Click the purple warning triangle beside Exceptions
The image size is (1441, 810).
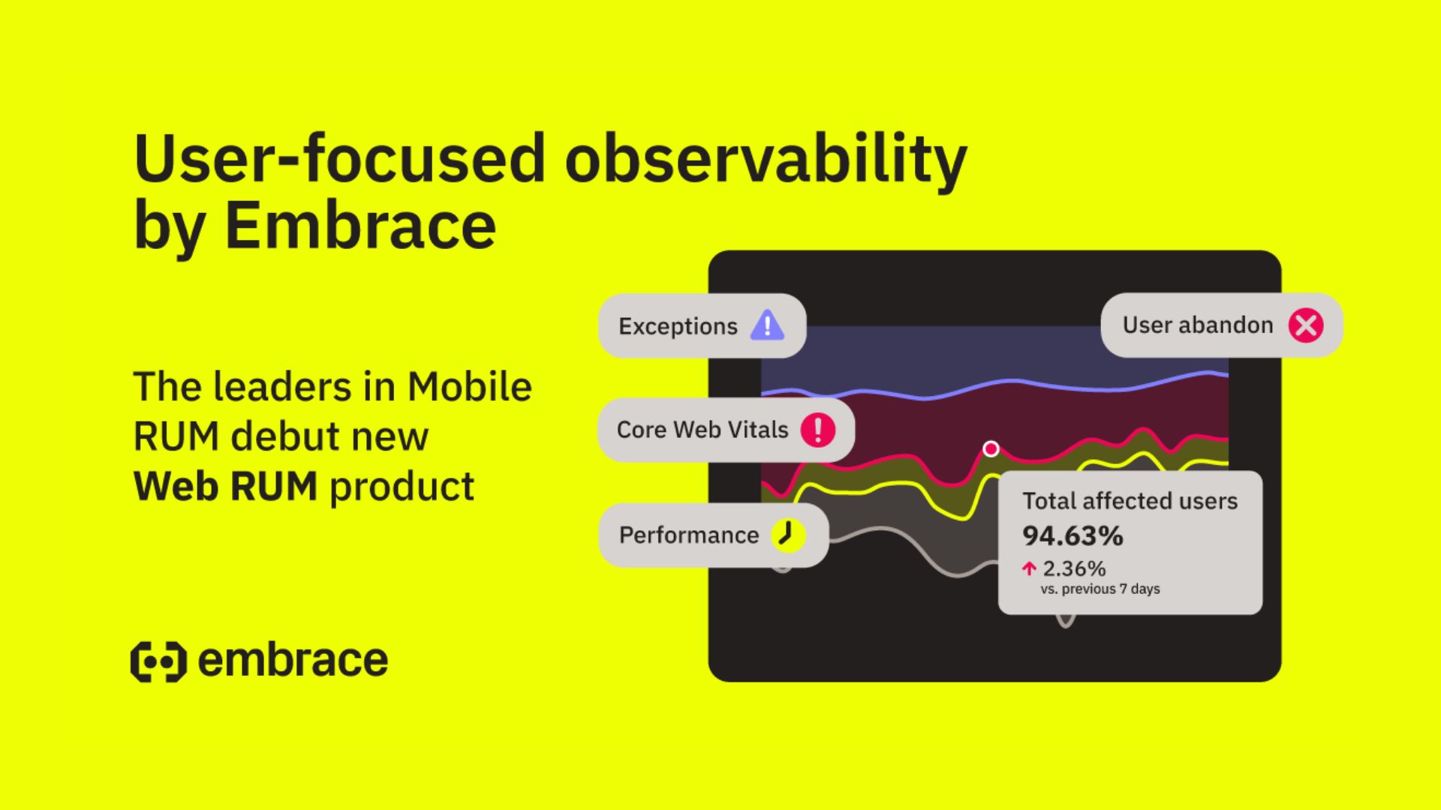[x=767, y=325]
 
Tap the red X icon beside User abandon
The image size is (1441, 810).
[x=1306, y=325]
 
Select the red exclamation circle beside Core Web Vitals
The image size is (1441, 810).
[x=818, y=430]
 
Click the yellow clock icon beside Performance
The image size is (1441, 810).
[x=788, y=535]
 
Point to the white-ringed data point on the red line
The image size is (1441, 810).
[x=991, y=448]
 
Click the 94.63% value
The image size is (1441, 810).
[x=1072, y=535]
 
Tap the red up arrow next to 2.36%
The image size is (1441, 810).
[x=1029, y=568]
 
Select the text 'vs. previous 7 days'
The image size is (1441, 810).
[x=1100, y=589]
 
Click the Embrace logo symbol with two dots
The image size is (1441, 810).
[x=158, y=661]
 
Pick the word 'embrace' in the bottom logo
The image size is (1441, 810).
[x=293, y=661]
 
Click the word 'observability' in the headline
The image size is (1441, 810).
[x=766, y=160]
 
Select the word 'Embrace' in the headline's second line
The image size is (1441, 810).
[x=360, y=225]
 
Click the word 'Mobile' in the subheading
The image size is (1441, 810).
[x=470, y=387]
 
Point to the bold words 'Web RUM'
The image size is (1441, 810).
[x=225, y=486]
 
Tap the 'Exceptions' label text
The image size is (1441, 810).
[x=678, y=326]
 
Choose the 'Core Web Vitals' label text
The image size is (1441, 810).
[x=702, y=430]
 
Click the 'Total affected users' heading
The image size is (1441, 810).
[x=1130, y=501]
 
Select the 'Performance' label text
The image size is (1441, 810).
[x=689, y=535]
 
